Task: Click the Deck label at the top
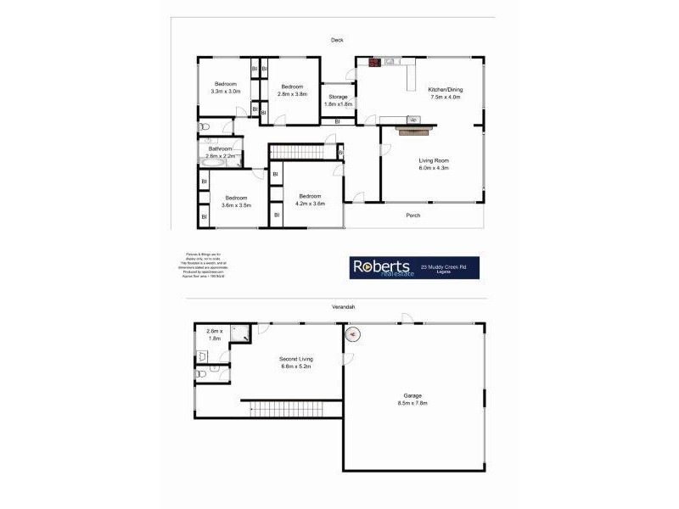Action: [338, 40]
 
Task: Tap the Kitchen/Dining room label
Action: [445, 92]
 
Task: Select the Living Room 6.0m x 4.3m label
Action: [433, 164]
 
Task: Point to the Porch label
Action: [413, 215]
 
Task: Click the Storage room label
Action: [338, 100]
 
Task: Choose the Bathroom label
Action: [221, 153]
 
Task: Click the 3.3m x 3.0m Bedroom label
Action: [225, 87]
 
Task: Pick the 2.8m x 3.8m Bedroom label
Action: [293, 89]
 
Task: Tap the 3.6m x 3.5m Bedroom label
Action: [236, 202]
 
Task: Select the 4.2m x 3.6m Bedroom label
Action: [310, 200]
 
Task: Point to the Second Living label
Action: [295, 363]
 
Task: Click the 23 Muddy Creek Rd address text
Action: [449, 266]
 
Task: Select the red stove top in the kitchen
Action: [373, 61]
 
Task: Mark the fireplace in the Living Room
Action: [414, 127]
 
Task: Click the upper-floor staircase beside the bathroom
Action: [303, 151]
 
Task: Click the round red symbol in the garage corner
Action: [354, 333]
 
